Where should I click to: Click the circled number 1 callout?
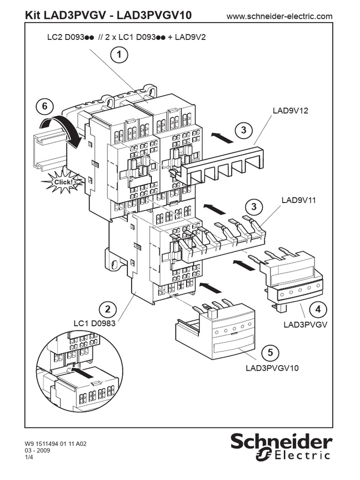tap(119, 55)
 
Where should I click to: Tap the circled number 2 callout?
tap(108, 309)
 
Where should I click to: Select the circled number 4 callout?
tap(318, 309)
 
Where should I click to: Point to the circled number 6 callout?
tap(45, 106)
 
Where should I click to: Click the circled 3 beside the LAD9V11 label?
tap(254, 206)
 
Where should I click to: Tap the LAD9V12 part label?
tap(290, 111)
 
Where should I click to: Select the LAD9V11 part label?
tap(299, 200)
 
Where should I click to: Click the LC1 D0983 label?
tap(94, 323)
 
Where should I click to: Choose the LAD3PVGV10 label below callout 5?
tap(272, 367)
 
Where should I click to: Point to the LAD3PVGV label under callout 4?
tap(305, 324)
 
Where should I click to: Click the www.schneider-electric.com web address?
tap(279, 16)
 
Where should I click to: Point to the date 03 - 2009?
tap(39, 450)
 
